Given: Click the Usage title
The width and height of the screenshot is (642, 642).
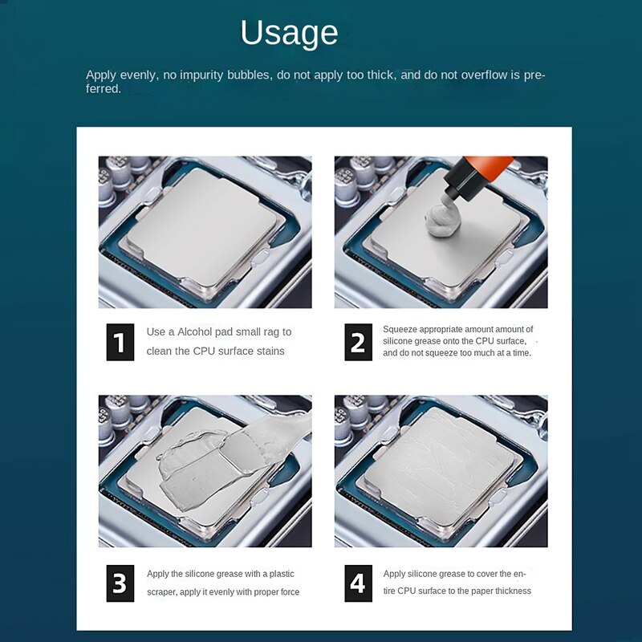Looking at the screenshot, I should (x=289, y=34).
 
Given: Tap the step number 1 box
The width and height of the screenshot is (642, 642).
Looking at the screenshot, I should (x=120, y=342).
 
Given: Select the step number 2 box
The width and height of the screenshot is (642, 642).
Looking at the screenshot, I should (x=358, y=342).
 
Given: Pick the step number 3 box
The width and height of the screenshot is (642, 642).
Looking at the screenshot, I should (x=120, y=583).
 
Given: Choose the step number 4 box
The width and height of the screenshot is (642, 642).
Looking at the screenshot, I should (x=358, y=583).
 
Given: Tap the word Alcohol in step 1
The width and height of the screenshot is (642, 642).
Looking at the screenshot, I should (x=197, y=331).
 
